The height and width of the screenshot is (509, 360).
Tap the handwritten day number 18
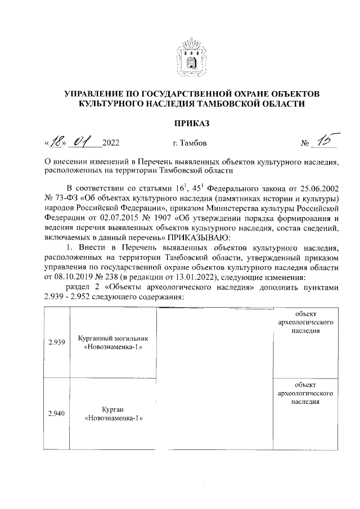58,141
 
